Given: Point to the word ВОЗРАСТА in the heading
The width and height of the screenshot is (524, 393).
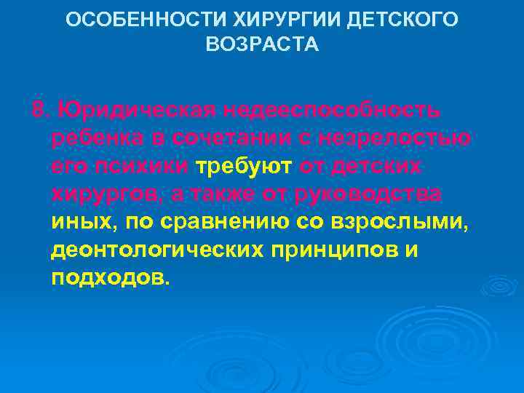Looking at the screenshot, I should [262, 45].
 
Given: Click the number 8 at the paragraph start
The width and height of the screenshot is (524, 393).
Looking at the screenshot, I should [37, 111].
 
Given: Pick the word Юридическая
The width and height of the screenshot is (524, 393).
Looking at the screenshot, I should [135, 111].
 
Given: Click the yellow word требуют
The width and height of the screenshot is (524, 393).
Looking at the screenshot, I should [245, 167].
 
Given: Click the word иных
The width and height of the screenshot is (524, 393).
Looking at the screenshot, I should [76, 222].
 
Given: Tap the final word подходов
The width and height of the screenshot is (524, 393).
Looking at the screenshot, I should [108, 277].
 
